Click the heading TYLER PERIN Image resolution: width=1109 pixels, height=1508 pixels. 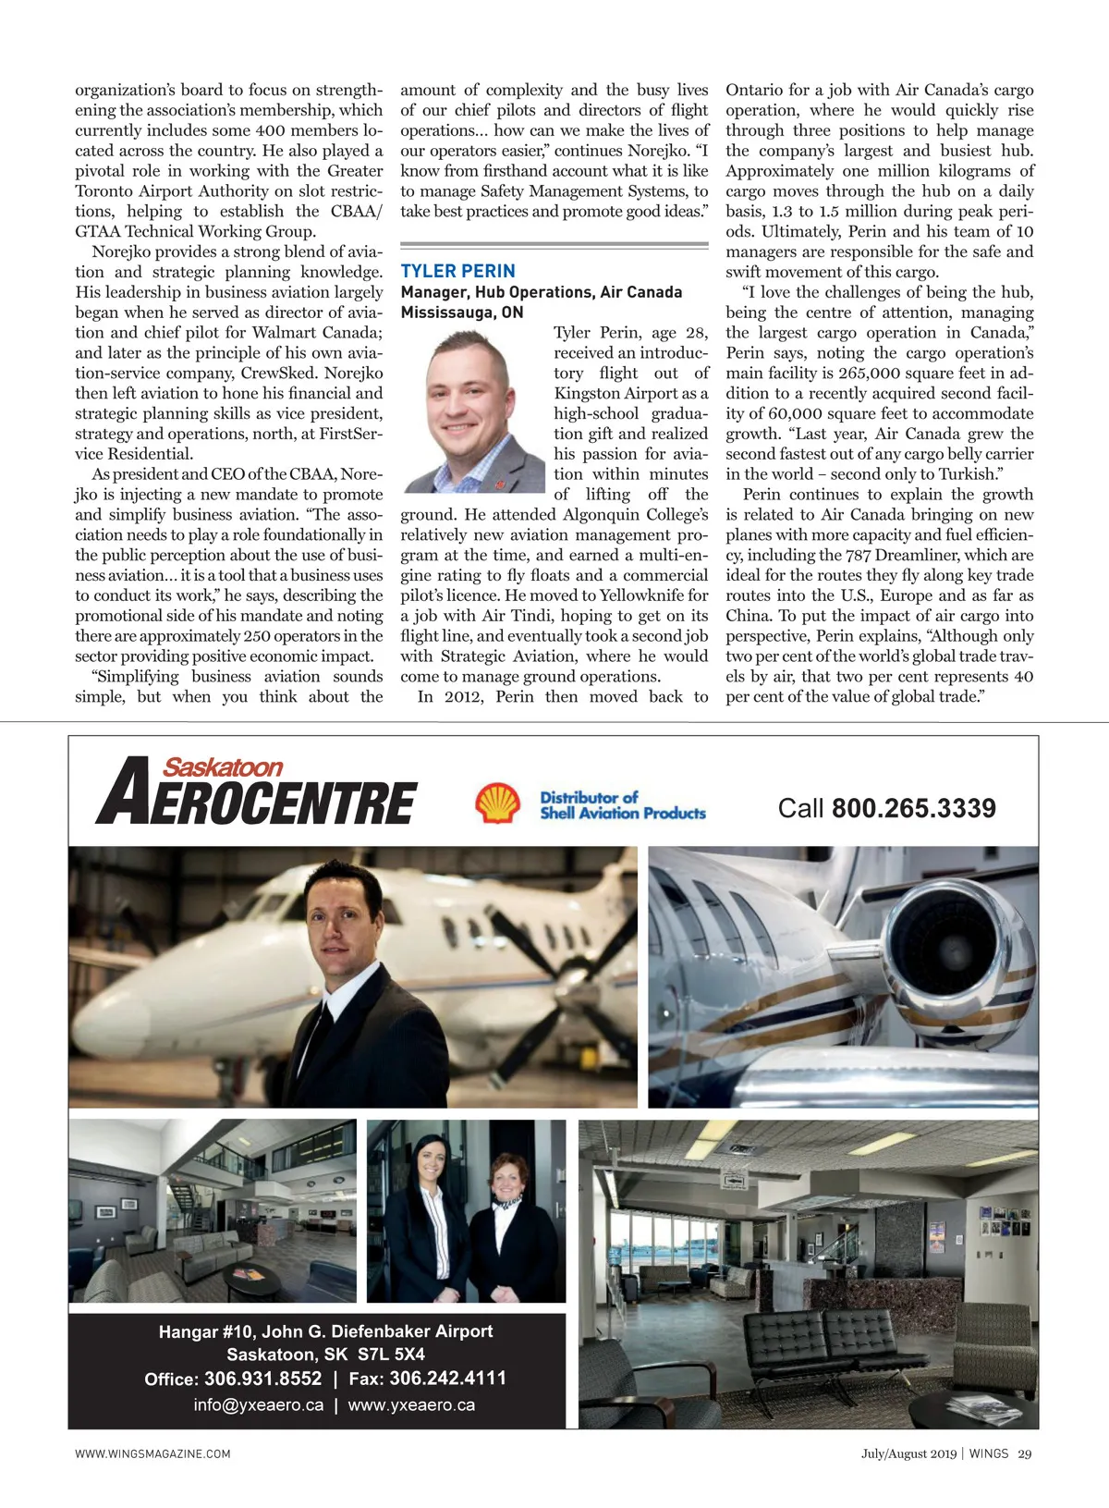(x=457, y=271)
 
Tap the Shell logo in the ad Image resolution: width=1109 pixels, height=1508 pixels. (x=497, y=803)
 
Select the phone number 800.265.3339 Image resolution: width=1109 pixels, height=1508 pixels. (x=913, y=809)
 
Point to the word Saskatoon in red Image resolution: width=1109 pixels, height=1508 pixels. (x=223, y=767)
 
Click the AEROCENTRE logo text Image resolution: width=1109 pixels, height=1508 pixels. (x=259, y=799)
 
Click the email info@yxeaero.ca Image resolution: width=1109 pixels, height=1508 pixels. (x=259, y=1405)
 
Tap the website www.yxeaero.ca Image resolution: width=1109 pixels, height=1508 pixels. (x=411, y=1405)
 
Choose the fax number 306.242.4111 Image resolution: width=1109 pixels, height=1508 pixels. (x=447, y=1379)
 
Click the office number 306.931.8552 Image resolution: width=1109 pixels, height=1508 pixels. (x=262, y=1379)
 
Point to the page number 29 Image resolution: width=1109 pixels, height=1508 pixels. (x=1024, y=1453)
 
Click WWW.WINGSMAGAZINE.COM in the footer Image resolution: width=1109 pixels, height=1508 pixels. (x=152, y=1453)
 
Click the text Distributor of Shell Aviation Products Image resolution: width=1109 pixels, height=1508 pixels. (x=622, y=805)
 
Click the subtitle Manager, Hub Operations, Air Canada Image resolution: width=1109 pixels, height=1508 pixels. (x=541, y=292)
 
